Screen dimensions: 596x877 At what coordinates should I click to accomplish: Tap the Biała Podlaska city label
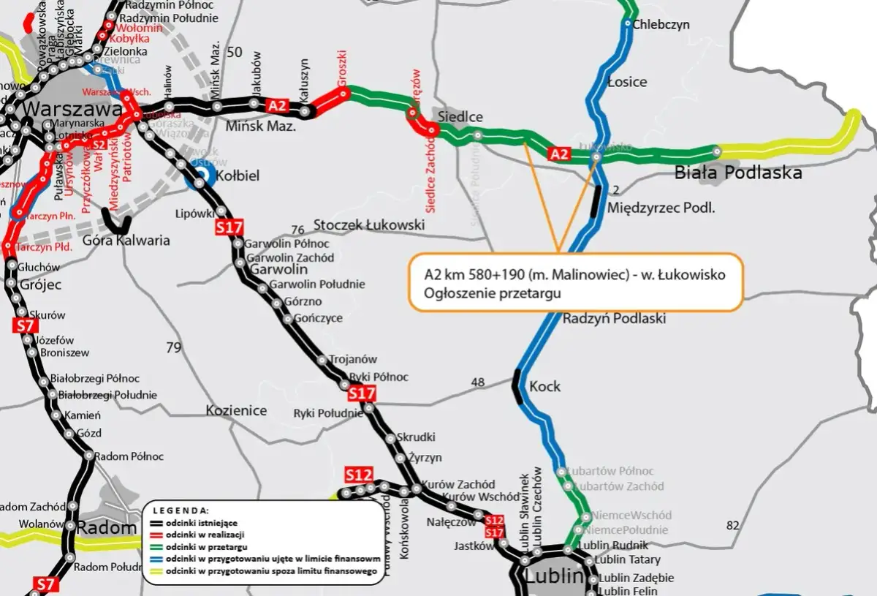point(737,173)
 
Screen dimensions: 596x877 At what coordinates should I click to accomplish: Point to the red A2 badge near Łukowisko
point(558,154)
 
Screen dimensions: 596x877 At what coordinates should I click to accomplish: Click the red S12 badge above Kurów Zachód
point(359,475)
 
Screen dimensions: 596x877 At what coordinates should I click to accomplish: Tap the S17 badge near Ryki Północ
point(362,394)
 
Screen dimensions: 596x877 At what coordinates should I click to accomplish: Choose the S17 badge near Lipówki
point(229,227)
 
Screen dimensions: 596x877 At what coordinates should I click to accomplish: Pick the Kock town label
point(544,386)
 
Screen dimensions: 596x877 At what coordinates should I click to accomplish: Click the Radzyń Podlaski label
point(614,319)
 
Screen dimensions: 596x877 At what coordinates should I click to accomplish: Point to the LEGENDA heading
point(181,510)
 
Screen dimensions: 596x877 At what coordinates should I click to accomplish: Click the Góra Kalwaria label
point(126,241)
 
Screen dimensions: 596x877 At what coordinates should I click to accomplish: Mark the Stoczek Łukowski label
point(368,225)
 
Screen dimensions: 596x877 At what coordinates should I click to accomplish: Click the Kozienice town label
point(236,410)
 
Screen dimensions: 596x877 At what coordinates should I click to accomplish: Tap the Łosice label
point(627,82)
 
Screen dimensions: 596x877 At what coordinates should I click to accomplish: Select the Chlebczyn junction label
point(661,24)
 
